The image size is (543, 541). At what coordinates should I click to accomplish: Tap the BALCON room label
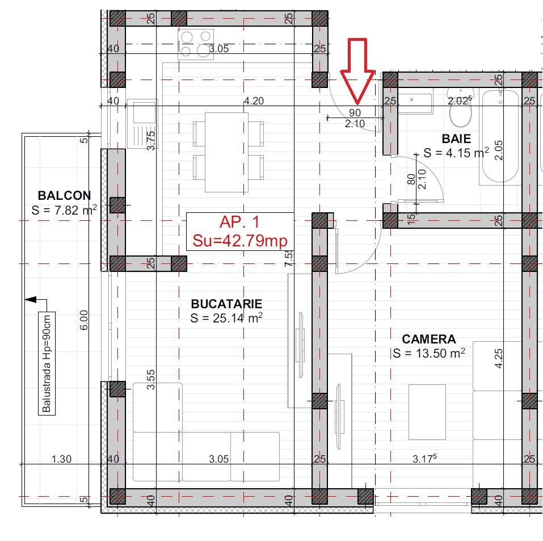coord(64,196)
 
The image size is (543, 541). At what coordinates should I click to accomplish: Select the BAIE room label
coord(456,139)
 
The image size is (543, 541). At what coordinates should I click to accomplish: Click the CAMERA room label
coord(428,339)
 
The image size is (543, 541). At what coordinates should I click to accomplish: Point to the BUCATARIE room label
coord(226,304)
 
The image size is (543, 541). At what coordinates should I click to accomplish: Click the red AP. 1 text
coord(240,223)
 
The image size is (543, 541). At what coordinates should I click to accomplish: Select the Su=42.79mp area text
coord(240,241)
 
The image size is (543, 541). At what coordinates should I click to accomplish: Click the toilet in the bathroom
coord(460,108)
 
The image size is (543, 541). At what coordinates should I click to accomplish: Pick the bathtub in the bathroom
coord(500,136)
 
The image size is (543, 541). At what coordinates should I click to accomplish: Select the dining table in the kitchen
coord(228,152)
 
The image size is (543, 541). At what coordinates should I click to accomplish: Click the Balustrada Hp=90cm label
coord(47,363)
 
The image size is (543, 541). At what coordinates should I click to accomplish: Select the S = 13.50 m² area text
coord(428,354)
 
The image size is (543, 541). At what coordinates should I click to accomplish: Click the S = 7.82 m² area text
coord(64,211)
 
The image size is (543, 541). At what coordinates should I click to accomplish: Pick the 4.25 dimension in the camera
coord(499,358)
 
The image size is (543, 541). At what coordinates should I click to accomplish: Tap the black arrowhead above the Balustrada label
coord(31,299)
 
